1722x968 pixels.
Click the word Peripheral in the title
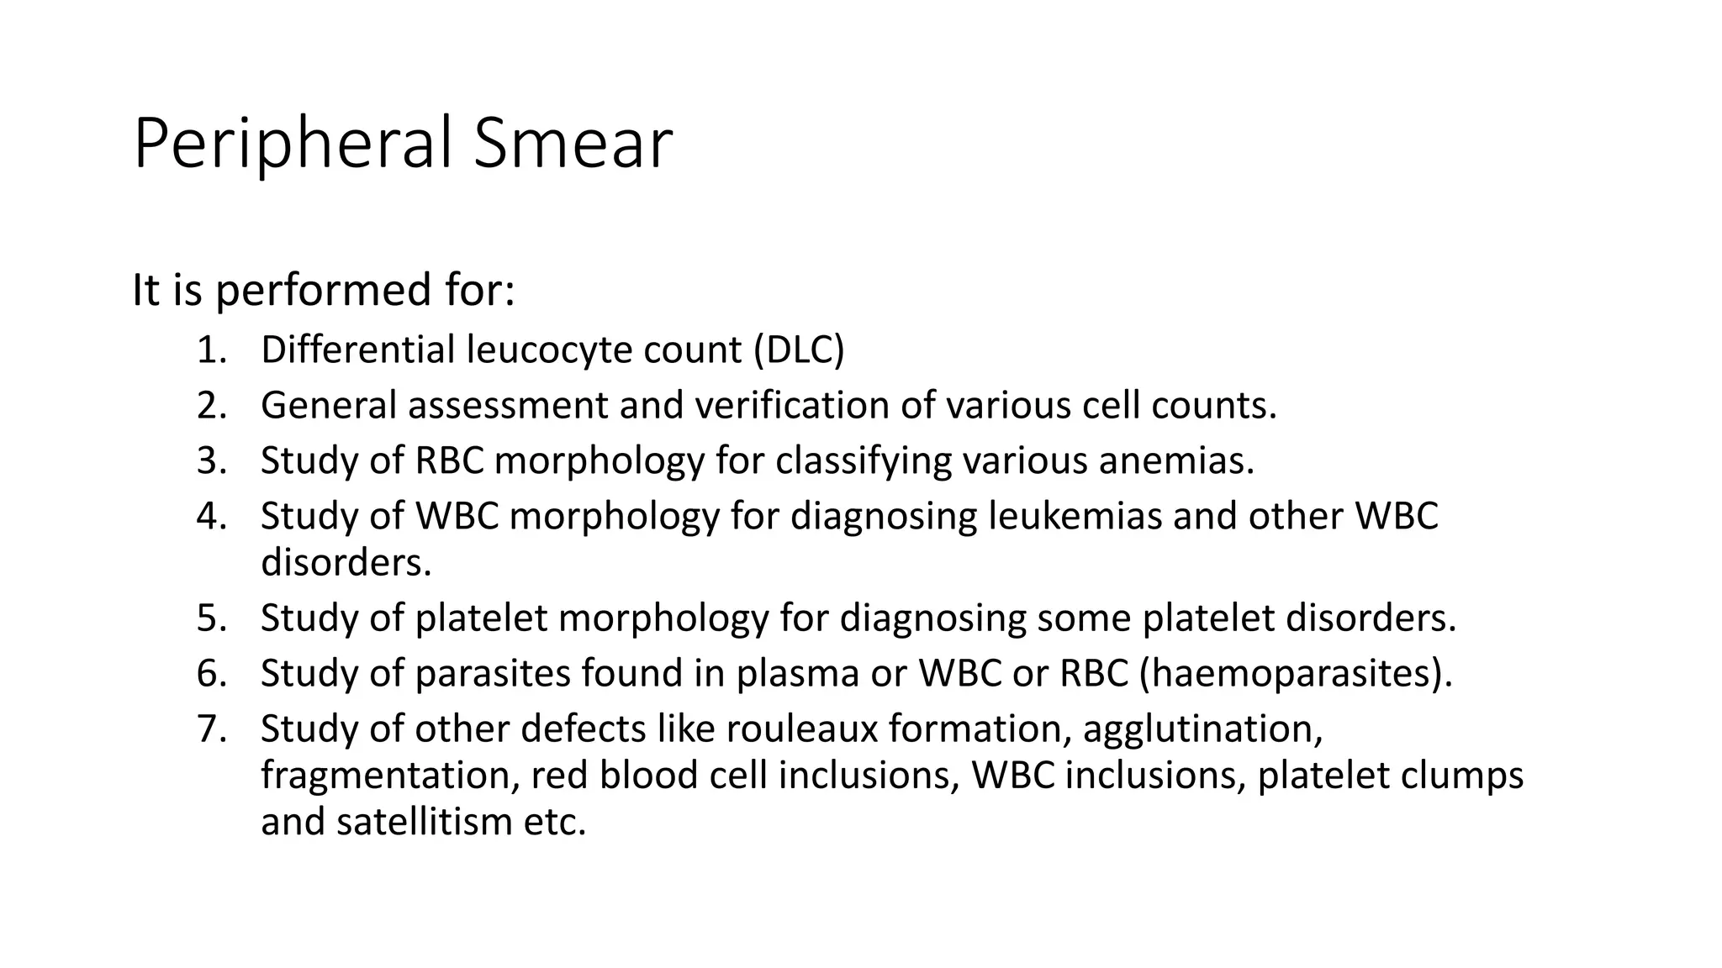coord(294,145)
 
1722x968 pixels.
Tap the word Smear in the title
coord(573,145)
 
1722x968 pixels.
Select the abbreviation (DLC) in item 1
coord(798,350)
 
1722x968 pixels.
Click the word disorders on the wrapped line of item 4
coord(346,562)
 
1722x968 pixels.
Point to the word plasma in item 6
coord(798,674)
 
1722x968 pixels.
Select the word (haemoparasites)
coord(1296,674)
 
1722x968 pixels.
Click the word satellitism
coord(423,821)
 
